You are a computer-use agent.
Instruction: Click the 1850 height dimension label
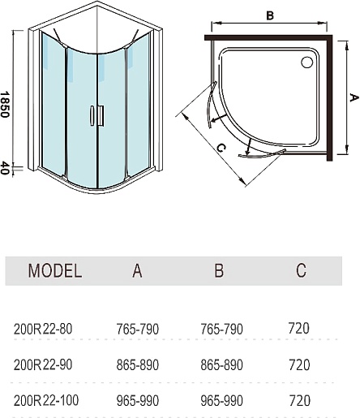[5, 105]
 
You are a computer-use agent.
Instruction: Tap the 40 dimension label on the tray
[5, 168]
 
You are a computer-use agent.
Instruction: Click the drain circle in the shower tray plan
[306, 62]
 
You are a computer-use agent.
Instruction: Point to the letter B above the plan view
[270, 15]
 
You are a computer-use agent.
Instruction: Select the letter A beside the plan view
[354, 97]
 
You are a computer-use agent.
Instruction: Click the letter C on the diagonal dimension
[221, 148]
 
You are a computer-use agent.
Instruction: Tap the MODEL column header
[55, 270]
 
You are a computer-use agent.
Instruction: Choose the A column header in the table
[137, 270]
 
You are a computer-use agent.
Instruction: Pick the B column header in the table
[219, 270]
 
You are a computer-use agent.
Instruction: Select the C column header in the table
[301, 270]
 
